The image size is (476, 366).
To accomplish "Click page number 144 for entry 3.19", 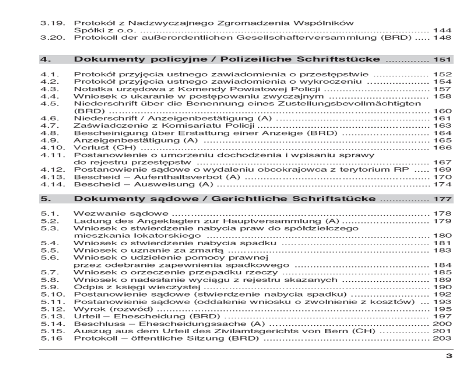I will pyautogui.click(x=442, y=30).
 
